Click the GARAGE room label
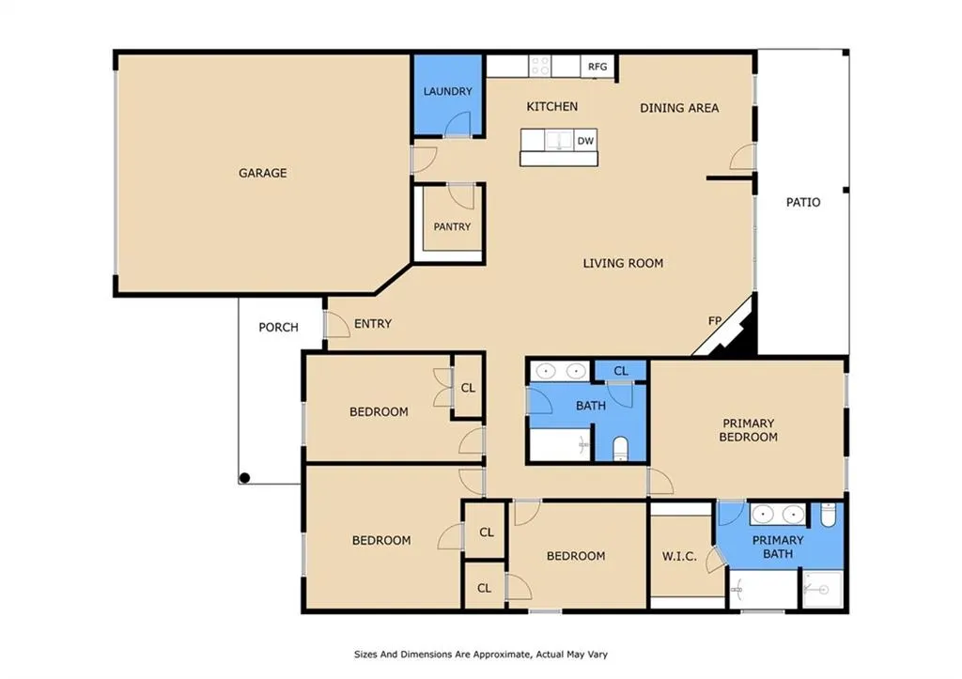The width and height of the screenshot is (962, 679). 263,173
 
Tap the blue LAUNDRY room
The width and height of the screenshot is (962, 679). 446,95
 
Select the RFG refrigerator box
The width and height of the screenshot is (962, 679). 597,67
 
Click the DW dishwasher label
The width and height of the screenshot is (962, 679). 585,141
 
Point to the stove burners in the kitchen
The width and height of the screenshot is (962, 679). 540,66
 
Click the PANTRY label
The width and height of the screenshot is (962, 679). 452,227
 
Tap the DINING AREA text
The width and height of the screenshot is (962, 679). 679,108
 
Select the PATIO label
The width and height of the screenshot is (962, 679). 803,202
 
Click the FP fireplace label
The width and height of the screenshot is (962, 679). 715,320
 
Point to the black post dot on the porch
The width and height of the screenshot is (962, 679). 244,478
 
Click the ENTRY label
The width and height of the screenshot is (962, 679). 373,323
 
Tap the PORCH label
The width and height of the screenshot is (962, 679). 278,327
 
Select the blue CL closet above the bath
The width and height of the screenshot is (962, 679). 621,370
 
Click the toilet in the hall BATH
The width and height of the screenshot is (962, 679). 620,448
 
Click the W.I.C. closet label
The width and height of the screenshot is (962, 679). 679,556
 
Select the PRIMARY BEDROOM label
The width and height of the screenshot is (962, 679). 749,430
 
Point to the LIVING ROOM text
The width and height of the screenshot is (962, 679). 623,263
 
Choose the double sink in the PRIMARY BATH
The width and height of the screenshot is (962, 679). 777,514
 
